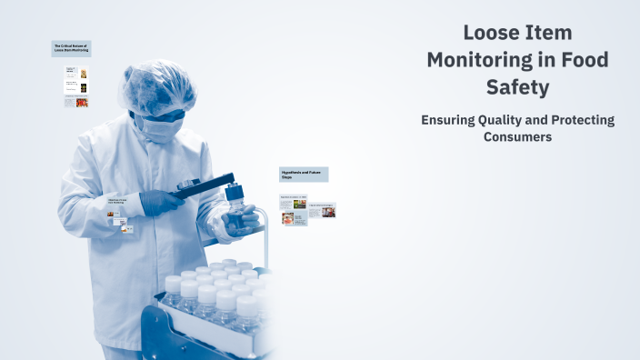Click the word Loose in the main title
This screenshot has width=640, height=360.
[x=492, y=34]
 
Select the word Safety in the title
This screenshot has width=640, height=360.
[x=517, y=88]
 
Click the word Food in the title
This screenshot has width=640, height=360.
[x=585, y=61]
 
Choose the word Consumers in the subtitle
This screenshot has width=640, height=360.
[x=517, y=136]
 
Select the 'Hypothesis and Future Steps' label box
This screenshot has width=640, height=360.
[x=304, y=175]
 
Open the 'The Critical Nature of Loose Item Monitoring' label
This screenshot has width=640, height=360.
[x=71, y=48]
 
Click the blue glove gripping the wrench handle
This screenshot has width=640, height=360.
[x=162, y=202]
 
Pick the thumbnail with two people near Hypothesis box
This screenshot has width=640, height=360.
[x=328, y=212]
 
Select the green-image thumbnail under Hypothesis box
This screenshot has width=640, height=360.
[x=299, y=204]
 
